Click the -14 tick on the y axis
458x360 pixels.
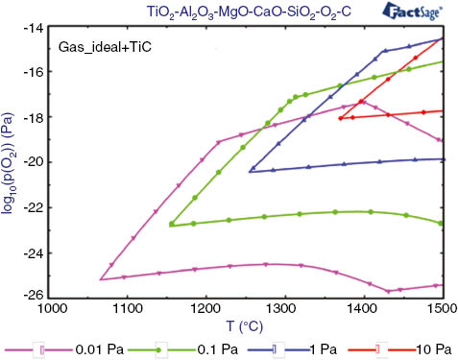pyautogui.click(x=31, y=28)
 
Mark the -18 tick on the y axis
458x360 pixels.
pyautogui.click(x=31, y=117)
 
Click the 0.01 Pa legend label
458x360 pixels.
pyautogui.click(x=92, y=348)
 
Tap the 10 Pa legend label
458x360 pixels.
pyautogui.click(x=413, y=348)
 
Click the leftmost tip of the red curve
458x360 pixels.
pyautogui.click(x=340, y=118)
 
